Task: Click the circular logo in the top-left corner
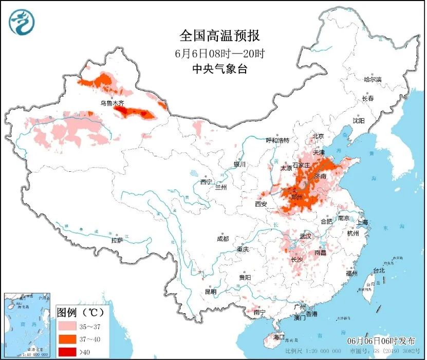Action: tap(21, 22)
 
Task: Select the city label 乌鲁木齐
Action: tap(112, 103)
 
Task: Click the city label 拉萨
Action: tap(117, 240)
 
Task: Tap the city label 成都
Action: tap(222, 239)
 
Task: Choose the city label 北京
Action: tap(318, 136)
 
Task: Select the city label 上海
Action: tap(363, 222)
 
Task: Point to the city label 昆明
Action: tap(211, 292)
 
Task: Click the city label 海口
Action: tap(279, 337)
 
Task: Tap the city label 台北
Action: tap(379, 271)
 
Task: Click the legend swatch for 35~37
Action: tap(67, 326)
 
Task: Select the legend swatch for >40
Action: tap(67, 351)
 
